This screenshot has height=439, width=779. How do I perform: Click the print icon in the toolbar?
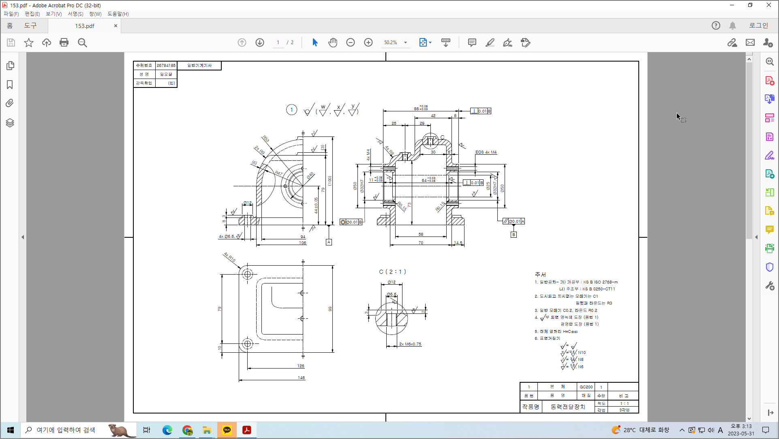pyautogui.click(x=64, y=43)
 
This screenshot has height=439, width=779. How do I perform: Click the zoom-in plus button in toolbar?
pyautogui.click(x=368, y=43)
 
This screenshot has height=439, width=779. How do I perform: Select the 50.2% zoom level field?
pyautogui.click(x=391, y=43)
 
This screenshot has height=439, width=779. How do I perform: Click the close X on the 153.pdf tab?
pyautogui.click(x=116, y=26)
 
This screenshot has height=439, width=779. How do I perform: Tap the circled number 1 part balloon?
pyautogui.click(x=291, y=110)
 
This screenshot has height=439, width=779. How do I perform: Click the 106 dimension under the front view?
pyautogui.click(x=302, y=243)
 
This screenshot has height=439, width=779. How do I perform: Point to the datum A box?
pyautogui.click(x=329, y=242)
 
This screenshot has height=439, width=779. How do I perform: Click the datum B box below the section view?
pyautogui.click(x=514, y=234)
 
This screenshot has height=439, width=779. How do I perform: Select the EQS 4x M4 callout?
pyautogui.click(x=486, y=152)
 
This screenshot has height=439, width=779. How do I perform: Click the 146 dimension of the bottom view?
pyautogui.click(x=301, y=377)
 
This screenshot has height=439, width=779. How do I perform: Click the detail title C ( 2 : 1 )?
pyautogui.click(x=392, y=272)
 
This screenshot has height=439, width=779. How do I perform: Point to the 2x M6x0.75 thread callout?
pyautogui.click(x=410, y=344)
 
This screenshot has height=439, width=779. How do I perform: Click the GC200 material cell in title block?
pyautogui.click(x=586, y=387)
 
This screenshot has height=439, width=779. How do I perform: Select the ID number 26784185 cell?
pyautogui.click(x=166, y=65)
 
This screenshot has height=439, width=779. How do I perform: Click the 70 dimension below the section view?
pyautogui.click(x=421, y=243)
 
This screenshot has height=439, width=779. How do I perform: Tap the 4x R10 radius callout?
pyautogui.click(x=229, y=257)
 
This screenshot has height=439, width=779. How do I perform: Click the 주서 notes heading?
pyautogui.click(x=540, y=274)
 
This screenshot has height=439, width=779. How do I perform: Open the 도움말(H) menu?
pyautogui.click(x=118, y=14)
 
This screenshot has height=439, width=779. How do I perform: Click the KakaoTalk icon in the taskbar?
pyautogui.click(x=227, y=430)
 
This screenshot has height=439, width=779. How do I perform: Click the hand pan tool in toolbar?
pyautogui.click(x=333, y=43)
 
